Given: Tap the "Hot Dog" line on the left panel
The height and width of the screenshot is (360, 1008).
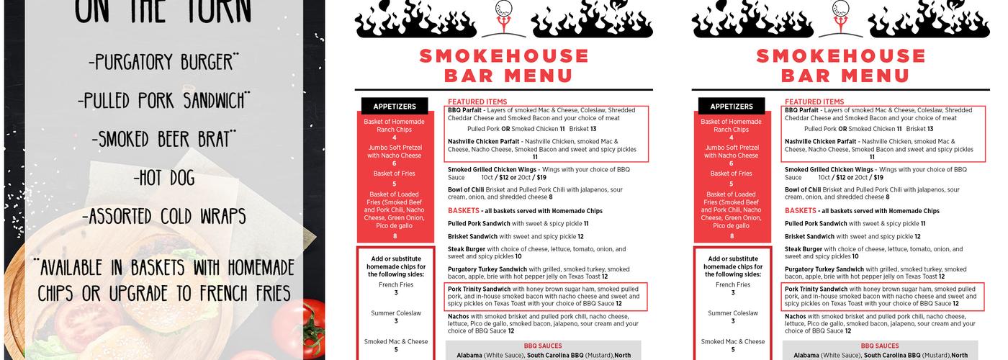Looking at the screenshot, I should (x=163, y=178).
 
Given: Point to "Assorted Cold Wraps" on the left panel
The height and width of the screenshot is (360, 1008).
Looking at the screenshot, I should (x=163, y=216).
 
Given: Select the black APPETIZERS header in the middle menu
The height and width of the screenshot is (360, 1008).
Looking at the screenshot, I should (x=395, y=107).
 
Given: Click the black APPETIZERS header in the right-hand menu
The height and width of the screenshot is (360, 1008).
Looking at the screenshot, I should (x=732, y=107).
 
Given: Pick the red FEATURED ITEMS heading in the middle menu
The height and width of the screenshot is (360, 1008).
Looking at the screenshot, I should (x=477, y=102).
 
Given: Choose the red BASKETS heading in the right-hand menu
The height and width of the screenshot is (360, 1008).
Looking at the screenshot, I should (x=801, y=211).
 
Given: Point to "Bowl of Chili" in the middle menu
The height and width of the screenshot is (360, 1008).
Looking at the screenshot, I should (x=466, y=190).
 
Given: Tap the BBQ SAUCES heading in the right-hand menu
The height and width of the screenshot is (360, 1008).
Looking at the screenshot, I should (x=880, y=346).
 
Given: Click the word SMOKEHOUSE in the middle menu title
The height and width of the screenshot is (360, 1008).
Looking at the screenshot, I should (x=504, y=55).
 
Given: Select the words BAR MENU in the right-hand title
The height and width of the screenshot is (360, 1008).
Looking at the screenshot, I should (x=841, y=76).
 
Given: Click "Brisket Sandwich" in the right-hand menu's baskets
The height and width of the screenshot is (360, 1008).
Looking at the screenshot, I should (x=810, y=236).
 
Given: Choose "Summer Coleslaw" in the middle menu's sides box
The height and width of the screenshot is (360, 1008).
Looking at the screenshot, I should (x=396, y=313).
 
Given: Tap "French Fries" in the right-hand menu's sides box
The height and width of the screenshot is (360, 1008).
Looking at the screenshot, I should (x=733, y=284).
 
